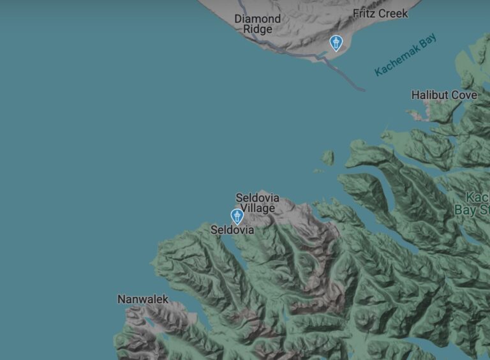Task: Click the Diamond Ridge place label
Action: coord(257,24)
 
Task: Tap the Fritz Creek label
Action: coord(380,13)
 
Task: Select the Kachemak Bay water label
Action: coord(406,56)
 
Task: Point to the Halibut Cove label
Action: coord(444,95)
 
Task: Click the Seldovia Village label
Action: coord(258,203)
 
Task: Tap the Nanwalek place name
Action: coord(143,299)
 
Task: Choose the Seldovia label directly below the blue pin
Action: coord(232,230)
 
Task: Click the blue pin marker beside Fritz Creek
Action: coord(336,43)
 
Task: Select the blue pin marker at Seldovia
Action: coord(237,216)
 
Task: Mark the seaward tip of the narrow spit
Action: coord(364,89)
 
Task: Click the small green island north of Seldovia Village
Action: coord(327,157)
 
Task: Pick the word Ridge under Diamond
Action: coord(257,29)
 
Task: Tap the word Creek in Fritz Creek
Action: coord(393,13)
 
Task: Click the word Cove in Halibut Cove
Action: coord(464,95)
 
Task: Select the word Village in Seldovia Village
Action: coord(258,208)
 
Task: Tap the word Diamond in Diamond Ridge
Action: coord(257,19)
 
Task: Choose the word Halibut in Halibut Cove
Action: coord(430,95)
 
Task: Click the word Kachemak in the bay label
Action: coord(396,61)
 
